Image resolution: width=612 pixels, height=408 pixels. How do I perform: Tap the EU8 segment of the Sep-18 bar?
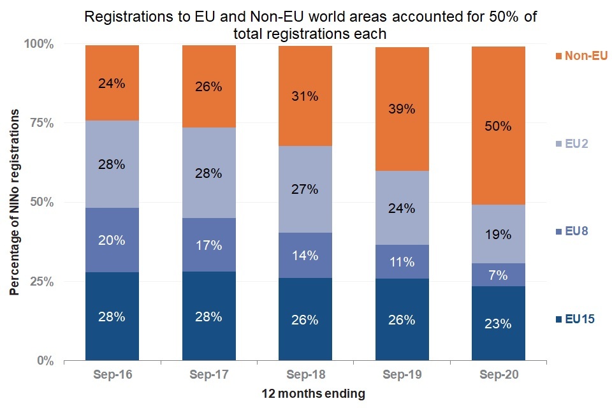click(305, 255)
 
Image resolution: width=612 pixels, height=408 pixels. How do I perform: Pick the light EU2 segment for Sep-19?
click(402, 208)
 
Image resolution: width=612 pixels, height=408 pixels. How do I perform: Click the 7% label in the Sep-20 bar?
click(498, 275)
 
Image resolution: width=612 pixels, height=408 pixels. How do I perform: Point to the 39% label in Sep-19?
click(402, 109)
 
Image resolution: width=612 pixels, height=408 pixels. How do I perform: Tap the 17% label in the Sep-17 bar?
click(208, 245)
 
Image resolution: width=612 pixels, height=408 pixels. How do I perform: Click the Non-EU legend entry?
click(581, 56)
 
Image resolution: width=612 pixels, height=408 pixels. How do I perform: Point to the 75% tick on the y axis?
click(40, 124)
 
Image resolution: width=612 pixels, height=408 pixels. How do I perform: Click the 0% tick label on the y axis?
click(44, 361)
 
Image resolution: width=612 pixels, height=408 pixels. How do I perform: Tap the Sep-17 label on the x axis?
click(208, 375)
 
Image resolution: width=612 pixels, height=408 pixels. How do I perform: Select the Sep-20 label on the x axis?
click(498, 375)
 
